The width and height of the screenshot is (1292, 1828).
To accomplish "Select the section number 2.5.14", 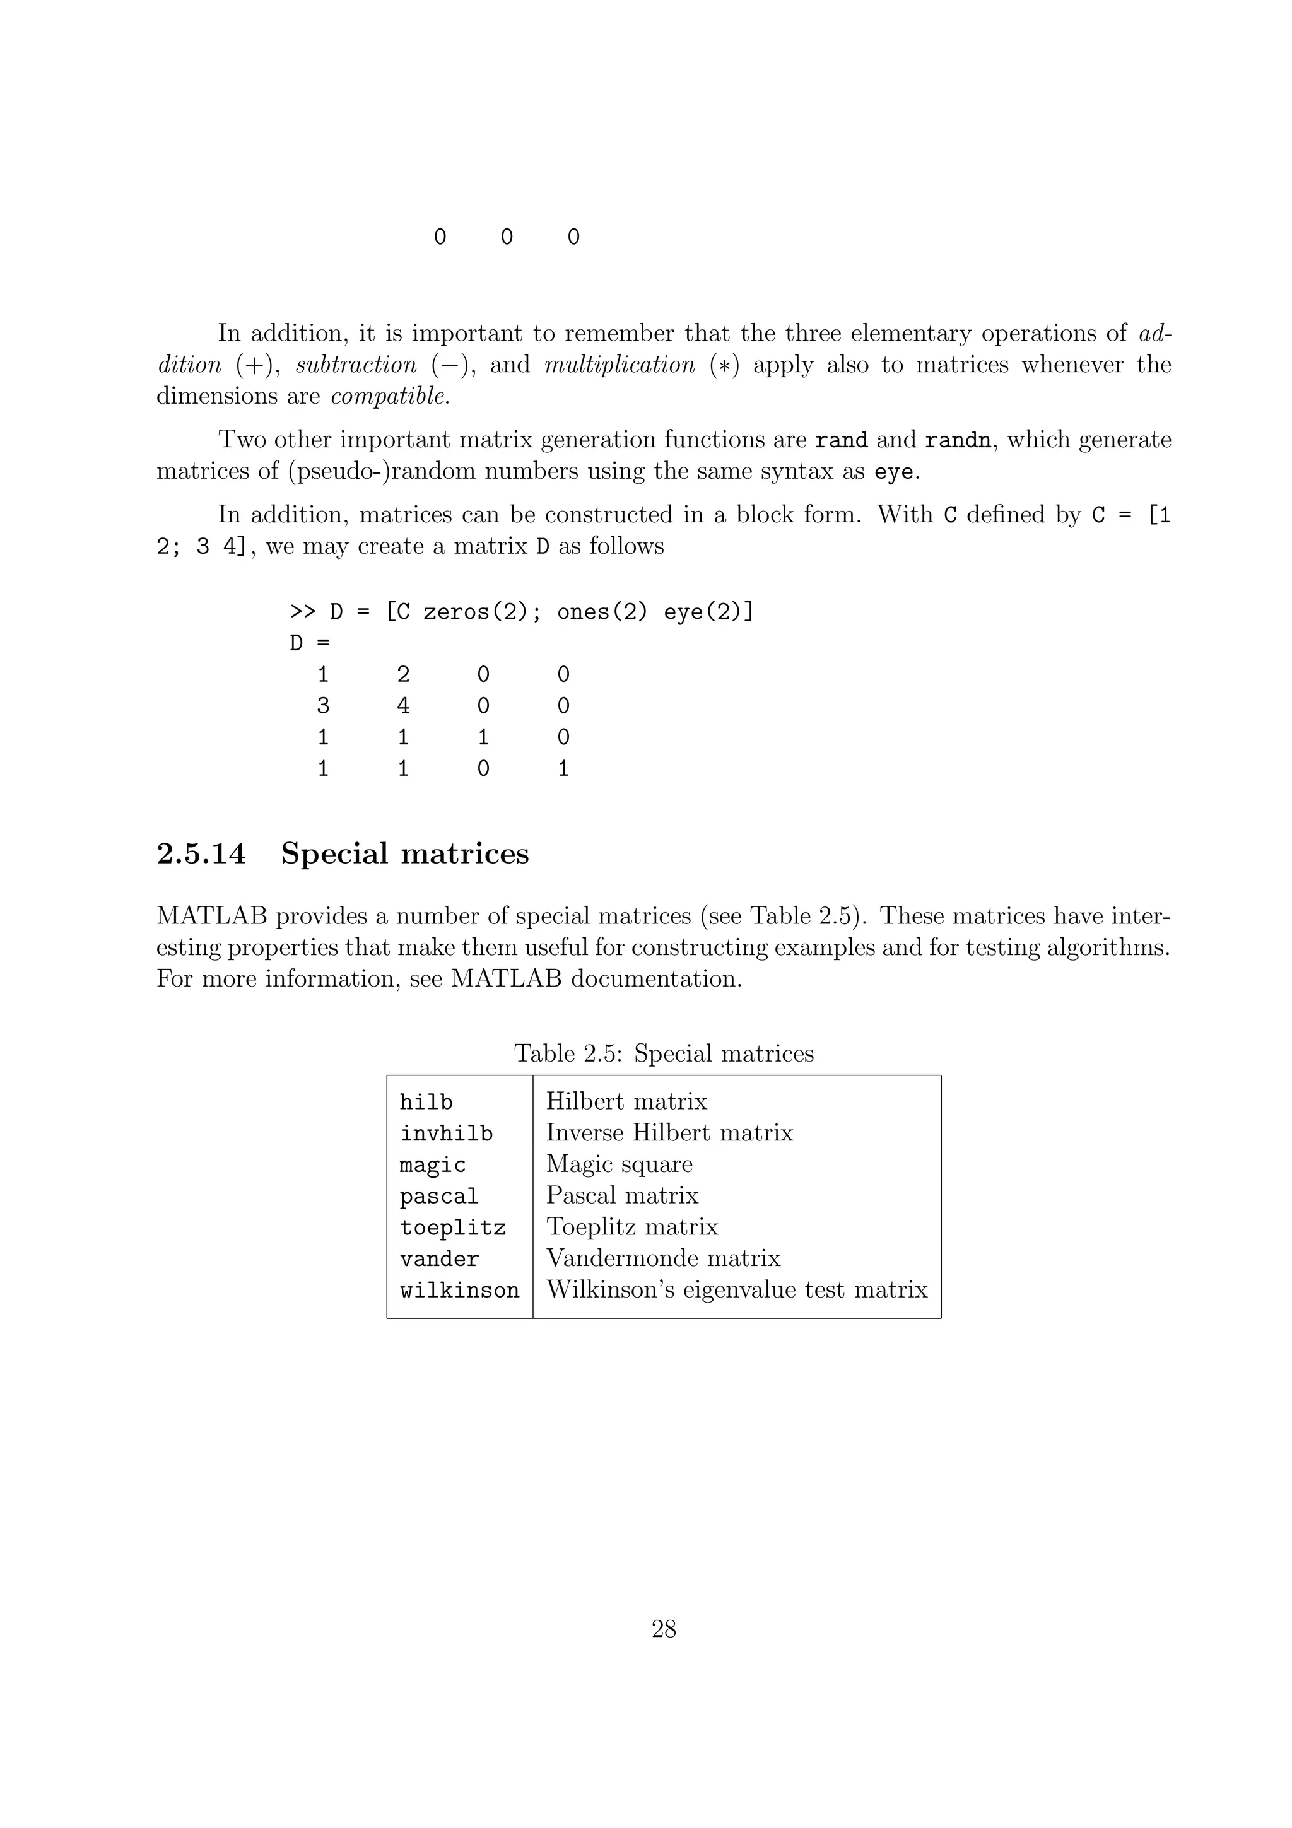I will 201,853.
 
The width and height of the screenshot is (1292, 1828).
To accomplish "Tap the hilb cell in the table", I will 426,1102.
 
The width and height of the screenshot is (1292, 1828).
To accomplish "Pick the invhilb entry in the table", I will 446,1133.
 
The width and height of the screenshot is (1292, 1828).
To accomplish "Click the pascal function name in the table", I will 438,1196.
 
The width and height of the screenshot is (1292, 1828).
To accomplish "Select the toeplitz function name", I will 452,1227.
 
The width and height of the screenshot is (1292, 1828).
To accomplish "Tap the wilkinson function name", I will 459,1290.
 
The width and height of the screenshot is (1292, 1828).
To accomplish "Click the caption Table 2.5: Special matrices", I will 663,1053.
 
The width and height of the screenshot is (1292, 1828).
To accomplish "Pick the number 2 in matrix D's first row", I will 403,675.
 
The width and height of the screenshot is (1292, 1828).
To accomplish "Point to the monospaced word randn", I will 958,440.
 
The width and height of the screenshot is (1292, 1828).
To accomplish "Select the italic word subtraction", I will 356,365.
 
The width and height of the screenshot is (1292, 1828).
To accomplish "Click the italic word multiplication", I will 620,365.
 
